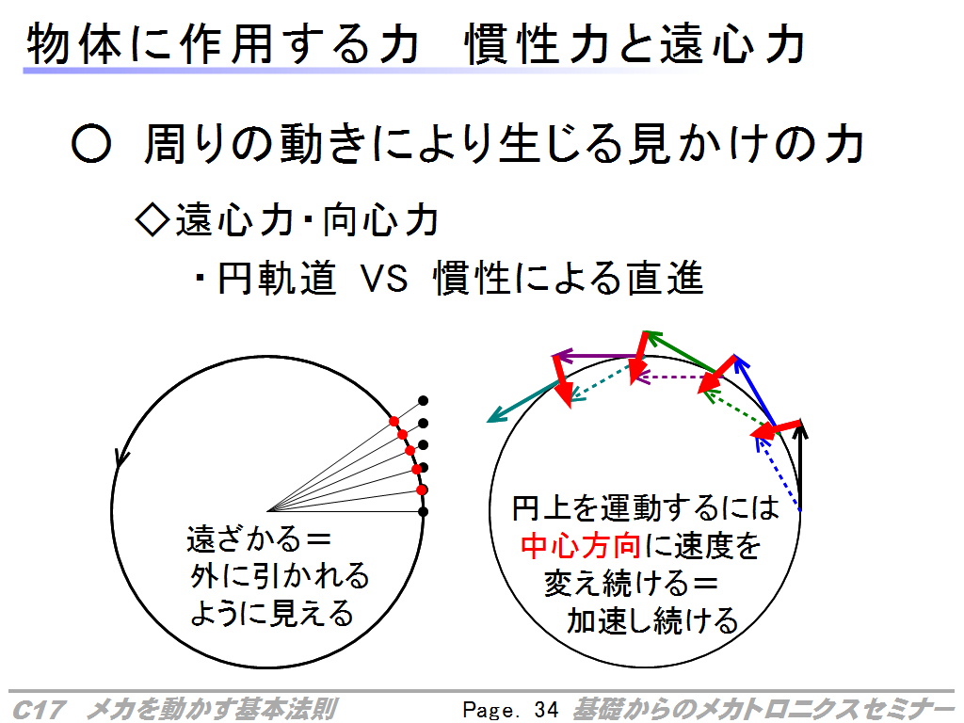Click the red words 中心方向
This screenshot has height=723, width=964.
[580, 546]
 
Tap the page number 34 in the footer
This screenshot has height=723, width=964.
[546, 710]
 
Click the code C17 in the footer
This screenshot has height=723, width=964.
[38, 710]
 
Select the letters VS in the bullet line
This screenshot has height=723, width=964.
[384, 278]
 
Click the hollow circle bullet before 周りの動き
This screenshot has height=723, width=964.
[91, 144]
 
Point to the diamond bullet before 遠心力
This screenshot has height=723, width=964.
[152, 220]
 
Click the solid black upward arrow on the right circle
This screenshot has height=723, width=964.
[799, 466]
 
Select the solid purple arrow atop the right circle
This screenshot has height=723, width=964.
[596, 356]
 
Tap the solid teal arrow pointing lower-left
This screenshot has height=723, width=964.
[523, 401]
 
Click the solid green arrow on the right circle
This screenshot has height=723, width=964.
[680, 352]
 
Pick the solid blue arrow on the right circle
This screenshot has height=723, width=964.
[755, 391]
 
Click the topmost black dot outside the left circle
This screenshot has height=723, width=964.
[423, 401]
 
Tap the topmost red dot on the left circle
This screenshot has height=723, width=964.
[394, 421]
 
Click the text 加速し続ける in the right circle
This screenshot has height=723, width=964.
[652, 620]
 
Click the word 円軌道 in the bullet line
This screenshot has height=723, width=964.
[278, 278]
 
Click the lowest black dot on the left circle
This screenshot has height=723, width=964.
[423, 511]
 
